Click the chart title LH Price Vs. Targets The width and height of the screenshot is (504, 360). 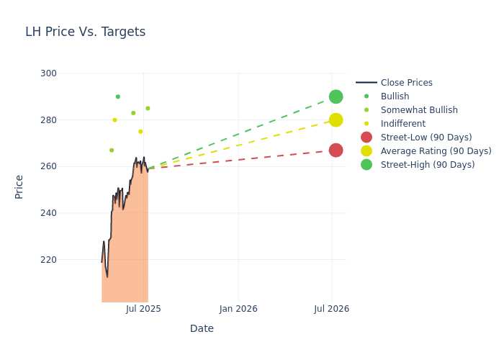(85, 32)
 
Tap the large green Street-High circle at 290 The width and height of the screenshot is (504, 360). (336, 96)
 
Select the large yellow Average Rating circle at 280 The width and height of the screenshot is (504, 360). (336, 120)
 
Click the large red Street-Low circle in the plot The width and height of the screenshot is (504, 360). (336, 150)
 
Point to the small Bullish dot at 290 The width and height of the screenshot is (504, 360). (118, 96)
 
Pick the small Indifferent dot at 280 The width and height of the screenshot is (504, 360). (114, 120)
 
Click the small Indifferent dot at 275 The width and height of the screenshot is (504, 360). (140, 132)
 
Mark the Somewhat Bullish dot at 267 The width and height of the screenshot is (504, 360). (112, 150)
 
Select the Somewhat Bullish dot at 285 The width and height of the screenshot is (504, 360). (148, 108)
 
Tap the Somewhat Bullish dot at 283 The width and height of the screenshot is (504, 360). (133, 113)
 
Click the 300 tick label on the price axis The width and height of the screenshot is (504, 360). (48, 73)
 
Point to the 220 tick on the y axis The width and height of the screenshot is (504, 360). (48, 260)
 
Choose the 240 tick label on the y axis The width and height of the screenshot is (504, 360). (48, 213)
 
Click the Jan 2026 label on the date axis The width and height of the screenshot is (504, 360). (238, 309)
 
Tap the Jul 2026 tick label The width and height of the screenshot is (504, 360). (331, 309)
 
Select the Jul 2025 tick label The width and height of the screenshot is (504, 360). (143, 309)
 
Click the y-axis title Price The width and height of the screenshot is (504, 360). (19, 187)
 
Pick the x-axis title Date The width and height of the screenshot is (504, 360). (202, 328)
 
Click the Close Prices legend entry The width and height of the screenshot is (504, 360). (394, 83)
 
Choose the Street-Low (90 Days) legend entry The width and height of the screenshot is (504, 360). (416, 138)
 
